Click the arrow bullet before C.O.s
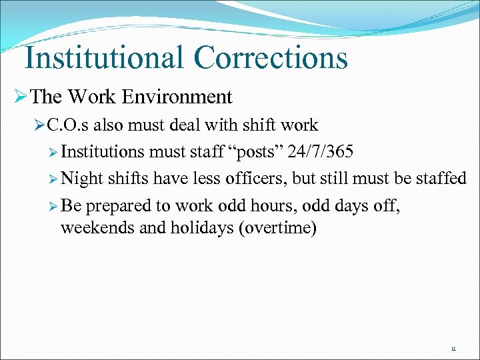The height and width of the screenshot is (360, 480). [x=39, y=125]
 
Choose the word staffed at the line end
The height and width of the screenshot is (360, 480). [x=436, y=178]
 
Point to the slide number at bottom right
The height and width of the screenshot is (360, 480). [x=454, y=349]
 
